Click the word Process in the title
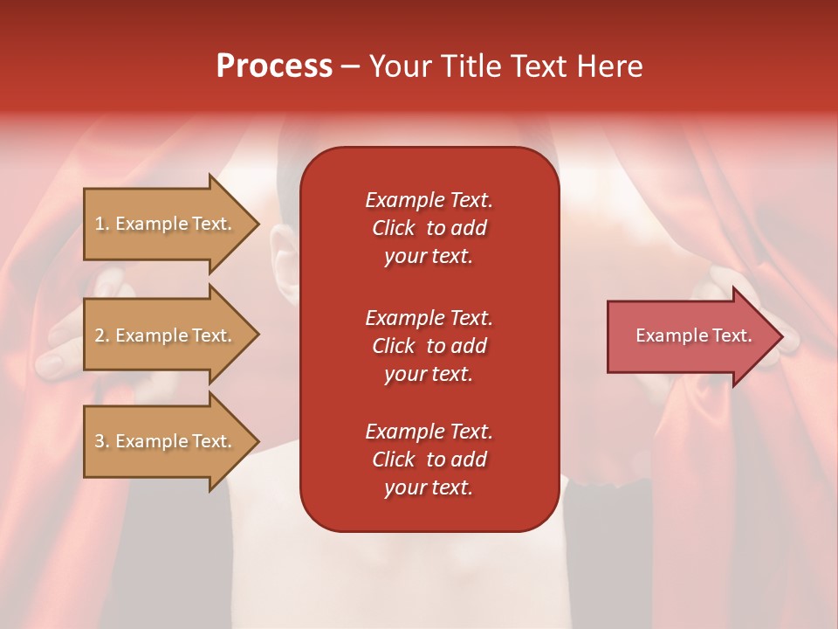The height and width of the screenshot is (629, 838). click(274, 66)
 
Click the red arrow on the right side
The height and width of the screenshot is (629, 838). click(690, 336)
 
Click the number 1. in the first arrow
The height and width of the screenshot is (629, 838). click(102, 224)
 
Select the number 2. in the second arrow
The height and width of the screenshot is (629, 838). click(102, 335)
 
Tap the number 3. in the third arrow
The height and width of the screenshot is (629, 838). click(102, 441)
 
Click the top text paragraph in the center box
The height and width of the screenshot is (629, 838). click(429, 228)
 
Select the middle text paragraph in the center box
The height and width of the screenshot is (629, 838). click(429, 346)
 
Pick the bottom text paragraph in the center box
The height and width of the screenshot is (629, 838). click(429, 460)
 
